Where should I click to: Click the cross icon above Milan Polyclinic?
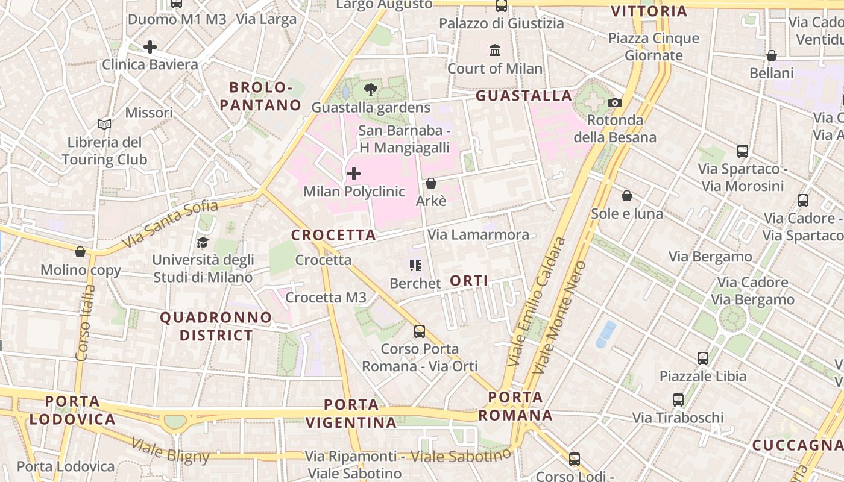point(354,174)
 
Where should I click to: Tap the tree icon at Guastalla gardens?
point(371,90)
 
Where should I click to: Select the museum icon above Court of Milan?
point(495,50)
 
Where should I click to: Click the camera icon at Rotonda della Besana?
point(615,103)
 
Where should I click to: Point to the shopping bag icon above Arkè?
point(431,183)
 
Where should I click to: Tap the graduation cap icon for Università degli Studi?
point(203,242)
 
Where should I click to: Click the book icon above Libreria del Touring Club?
point(104,125)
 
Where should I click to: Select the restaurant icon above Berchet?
point(415,266)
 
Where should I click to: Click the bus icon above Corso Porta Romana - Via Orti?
point(420,331)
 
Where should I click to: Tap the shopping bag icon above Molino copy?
point(80,252)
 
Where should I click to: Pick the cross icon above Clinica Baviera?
point(150,47)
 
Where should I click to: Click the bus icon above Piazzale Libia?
point(703,358)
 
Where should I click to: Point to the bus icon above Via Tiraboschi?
point(678,400)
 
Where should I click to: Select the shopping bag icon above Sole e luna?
point(627,196)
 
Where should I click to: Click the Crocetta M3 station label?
point(326,298)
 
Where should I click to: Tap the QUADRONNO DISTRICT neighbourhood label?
point(216,326)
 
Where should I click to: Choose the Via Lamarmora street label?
point(478,234)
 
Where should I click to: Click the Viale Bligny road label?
point(170,450)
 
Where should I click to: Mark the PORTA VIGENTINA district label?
point(351,413)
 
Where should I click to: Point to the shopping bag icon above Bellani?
point(771,56)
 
